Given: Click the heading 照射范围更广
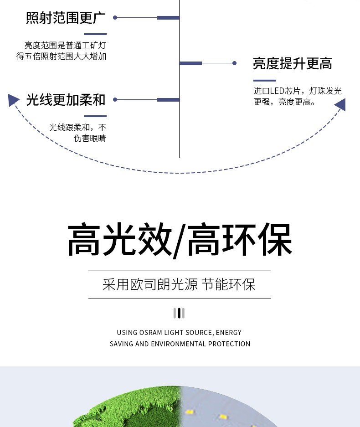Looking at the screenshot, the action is point(66,18).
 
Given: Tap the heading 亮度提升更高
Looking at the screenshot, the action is point(293,63).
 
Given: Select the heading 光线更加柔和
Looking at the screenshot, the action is point(66,100).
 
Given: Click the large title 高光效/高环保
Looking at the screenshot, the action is point(180,240).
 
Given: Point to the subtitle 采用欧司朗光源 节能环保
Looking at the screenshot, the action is point(179,284).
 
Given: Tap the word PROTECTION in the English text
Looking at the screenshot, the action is point(229,344).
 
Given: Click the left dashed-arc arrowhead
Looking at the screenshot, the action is point(13,100).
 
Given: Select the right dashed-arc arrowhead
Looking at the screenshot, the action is point(340,104).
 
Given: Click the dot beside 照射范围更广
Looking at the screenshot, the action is point(115,18).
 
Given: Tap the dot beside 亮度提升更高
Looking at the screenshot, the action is point(235,63).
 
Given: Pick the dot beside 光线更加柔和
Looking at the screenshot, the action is point(115,100).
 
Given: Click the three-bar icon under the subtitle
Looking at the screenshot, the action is point(179,313).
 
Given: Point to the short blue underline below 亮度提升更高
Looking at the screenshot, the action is point(264,81).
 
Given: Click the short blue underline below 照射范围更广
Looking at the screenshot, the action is point(95,34).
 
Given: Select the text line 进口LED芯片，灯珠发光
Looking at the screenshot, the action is point(298,91).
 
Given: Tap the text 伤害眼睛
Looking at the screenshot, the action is point(90,139).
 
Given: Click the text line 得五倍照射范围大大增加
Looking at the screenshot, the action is point(61,57).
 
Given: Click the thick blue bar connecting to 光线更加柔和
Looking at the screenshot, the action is point(168,100).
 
